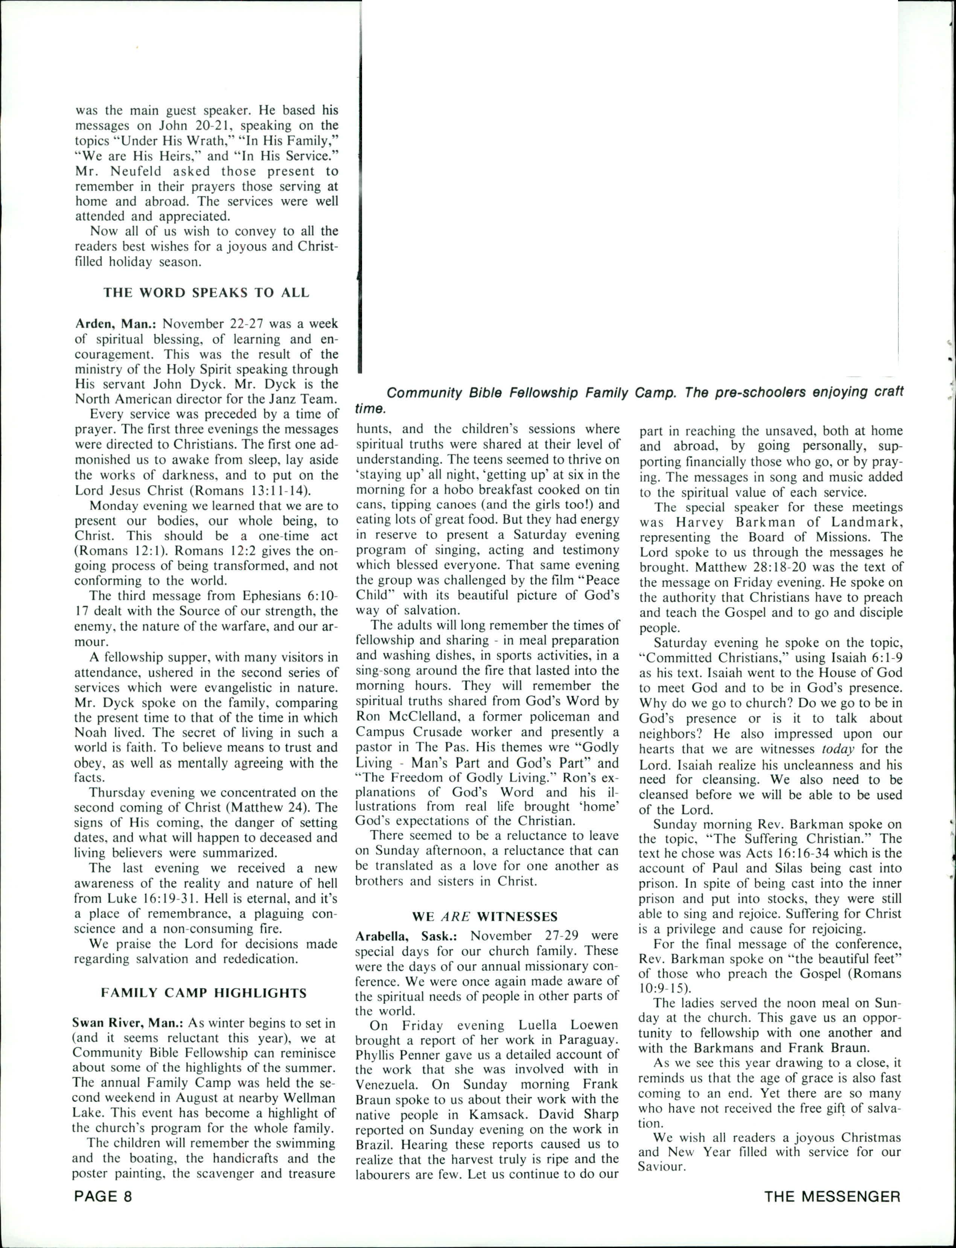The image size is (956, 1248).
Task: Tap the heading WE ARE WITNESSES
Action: click(484, 916)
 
